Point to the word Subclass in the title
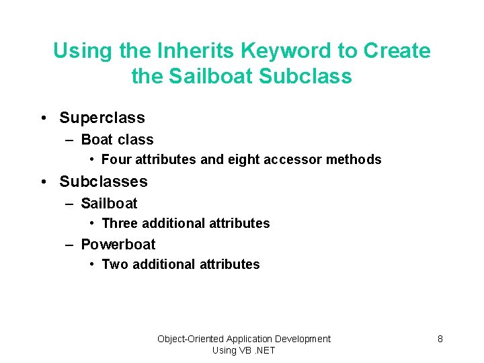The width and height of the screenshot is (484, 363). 305,76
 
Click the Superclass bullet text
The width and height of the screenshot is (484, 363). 102,118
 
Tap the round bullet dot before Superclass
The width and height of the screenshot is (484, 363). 43,118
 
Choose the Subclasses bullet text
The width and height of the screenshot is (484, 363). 104,182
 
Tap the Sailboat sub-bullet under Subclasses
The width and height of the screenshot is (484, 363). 109,203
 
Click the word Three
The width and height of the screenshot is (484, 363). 120,223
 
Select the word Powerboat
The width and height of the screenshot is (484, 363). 118,245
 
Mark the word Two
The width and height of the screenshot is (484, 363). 115,264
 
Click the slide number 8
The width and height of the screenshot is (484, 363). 440,339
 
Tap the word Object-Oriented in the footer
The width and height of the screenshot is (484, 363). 190,339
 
